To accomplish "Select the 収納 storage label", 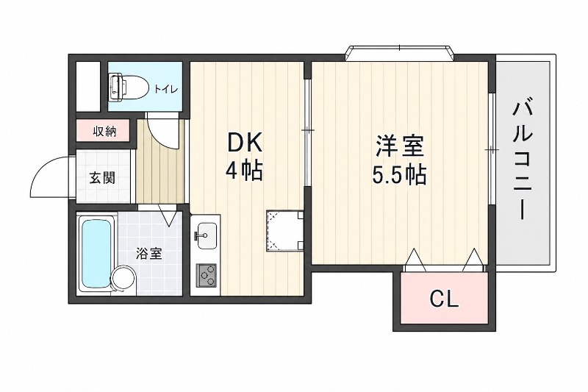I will point(105,132).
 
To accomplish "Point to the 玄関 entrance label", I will point(102,177).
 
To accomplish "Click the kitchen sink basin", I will point(206,236).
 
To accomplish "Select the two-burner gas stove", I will point(207,277).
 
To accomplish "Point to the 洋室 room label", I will point(400,146).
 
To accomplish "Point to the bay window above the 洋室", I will point(400,52).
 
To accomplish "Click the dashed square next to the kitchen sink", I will point(284,229).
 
